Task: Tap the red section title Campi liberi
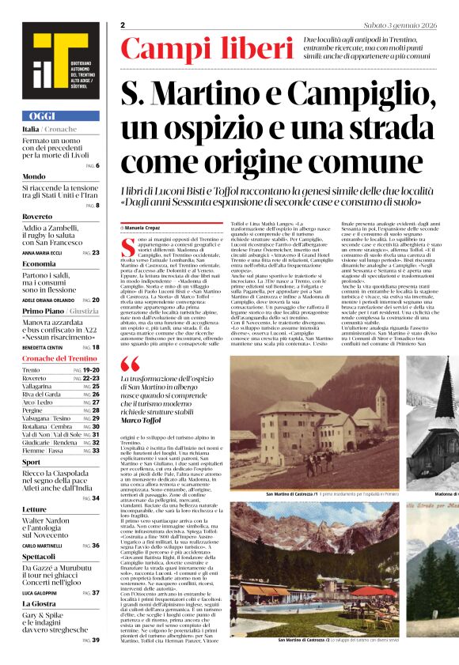[207, 48]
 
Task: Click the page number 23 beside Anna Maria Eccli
[96, 253]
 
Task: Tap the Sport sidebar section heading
[32, 462]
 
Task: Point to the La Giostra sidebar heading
[40, 603]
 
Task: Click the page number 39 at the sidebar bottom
[96, 640]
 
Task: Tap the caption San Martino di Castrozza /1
[292, 493]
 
